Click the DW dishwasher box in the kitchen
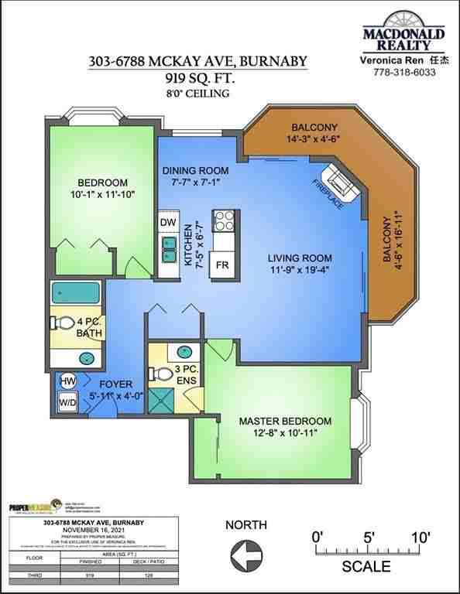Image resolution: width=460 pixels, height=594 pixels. [167, 222]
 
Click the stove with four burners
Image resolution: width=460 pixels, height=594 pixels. [224, 220]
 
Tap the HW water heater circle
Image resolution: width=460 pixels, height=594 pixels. [67, 381]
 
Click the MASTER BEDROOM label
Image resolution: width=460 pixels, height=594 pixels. [285, 421]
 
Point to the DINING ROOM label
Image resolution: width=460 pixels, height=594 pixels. [195, 170]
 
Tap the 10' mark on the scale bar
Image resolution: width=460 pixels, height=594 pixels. [419, 538]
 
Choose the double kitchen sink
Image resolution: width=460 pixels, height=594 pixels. [168, 250]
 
